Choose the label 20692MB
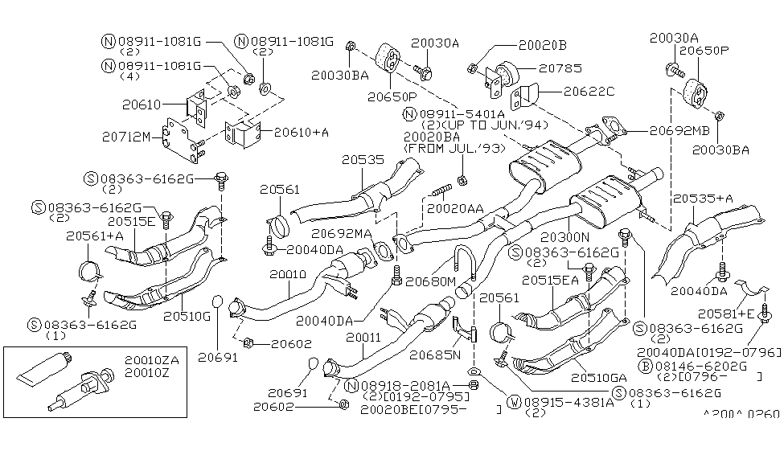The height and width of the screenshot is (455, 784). [x=680, y=128]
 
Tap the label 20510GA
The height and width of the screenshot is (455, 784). [x=597, y=375]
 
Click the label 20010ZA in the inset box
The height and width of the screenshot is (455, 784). [x=152, y=361]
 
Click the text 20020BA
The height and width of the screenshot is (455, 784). [x=432, y=137]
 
